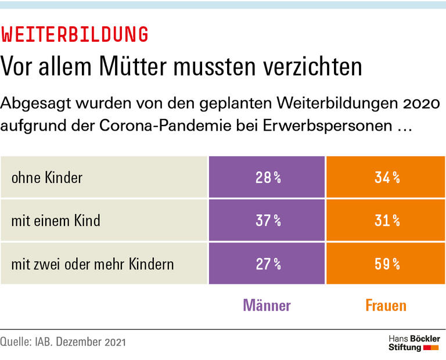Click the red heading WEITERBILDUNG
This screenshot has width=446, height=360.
(x=74, y=35)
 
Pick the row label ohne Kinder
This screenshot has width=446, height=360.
(x=47, y=177)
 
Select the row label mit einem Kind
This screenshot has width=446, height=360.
(x=56, y=221)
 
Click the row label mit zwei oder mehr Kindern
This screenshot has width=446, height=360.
(x=92, y=264)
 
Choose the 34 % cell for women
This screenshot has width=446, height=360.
(x=386, y=177)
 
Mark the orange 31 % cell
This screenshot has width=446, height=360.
(x=386, y=221)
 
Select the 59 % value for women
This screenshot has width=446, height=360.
(x=386, y=264)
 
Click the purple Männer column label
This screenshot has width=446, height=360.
(x=267, y=305)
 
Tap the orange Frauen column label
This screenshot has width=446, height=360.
(x=386, y=305)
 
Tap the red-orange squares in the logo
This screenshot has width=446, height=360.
(x=431, y=347)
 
